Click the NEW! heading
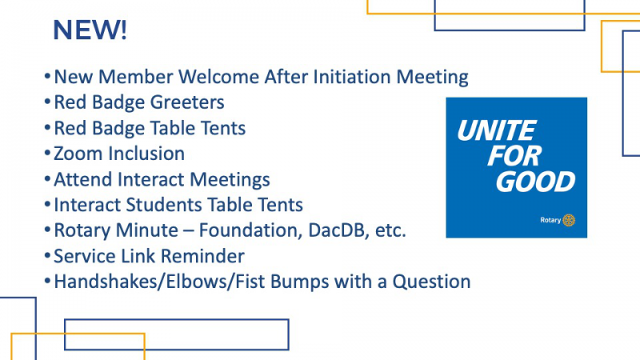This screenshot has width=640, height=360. click(90, 30)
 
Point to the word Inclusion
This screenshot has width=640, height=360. click(146, 154)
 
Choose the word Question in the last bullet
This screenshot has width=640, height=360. click(431, 282)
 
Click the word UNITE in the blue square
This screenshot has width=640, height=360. click(496, 130)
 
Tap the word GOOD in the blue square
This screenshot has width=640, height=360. click(535, 182)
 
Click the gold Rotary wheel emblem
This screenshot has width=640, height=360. click(569, 221)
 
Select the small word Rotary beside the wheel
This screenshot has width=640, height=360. click(550, 221)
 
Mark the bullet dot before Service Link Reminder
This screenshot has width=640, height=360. click(47, 256)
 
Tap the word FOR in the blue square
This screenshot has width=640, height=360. click(514, 156)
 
